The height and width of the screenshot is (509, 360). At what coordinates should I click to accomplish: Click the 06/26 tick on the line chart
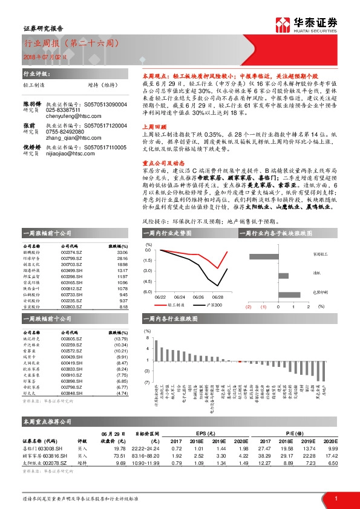[198, 297]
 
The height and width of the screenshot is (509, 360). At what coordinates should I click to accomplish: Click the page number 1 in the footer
[336, 498]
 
